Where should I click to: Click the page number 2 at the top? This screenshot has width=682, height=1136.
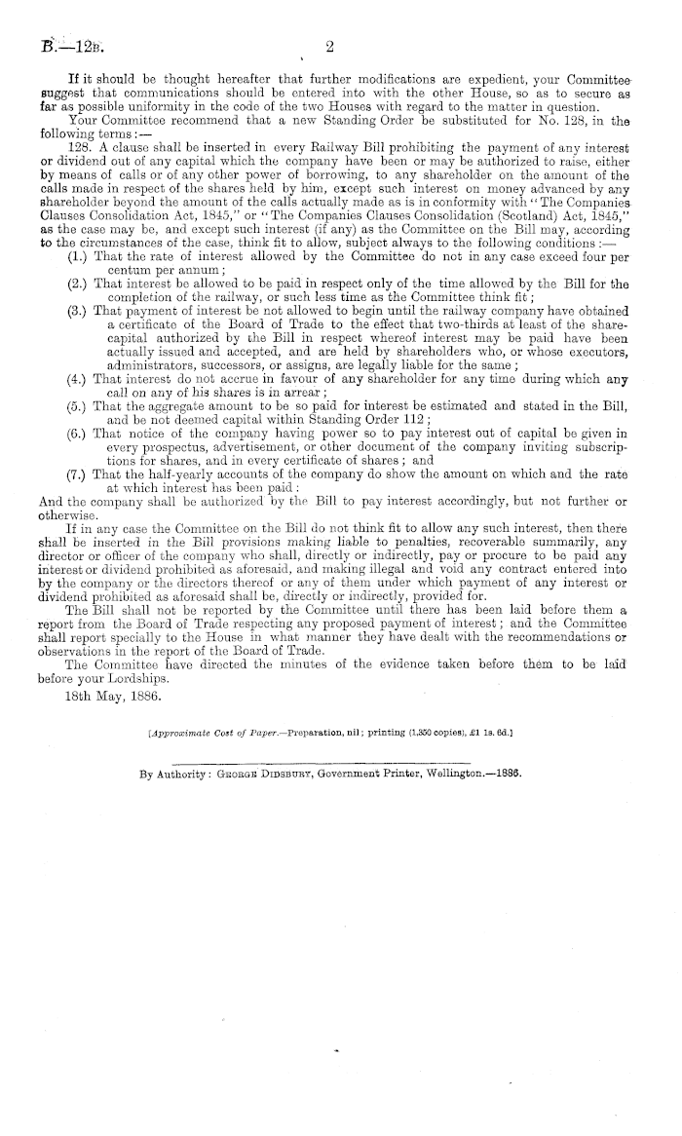[330, 45]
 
